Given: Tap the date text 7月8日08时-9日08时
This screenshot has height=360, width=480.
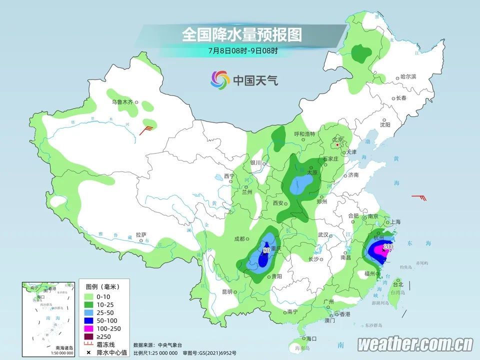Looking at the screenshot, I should [242, 50].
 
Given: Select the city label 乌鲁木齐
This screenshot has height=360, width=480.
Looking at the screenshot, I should [122, 102].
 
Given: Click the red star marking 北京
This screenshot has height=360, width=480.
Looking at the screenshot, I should [338, 145].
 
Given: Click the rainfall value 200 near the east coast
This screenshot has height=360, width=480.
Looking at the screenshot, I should [387, 246].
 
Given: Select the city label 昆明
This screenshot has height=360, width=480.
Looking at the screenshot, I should [228, 291].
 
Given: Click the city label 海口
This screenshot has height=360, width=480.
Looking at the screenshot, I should [311, 338].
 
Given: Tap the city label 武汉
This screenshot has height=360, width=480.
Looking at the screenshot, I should [322, 234].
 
